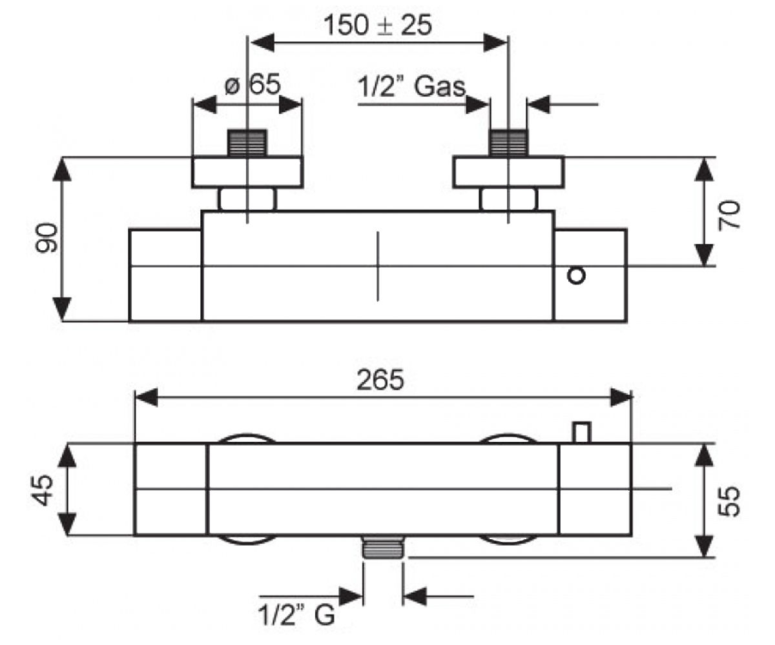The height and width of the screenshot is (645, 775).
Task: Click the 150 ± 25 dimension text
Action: [x=378, y=25]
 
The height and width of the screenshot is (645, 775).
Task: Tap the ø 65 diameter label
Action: [x=253, y=84]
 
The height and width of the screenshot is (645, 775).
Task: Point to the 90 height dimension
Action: [x=46, y=237]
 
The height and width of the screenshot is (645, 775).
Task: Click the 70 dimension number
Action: [x=729, y=215]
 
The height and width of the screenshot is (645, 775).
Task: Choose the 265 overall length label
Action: [x=380, y=380]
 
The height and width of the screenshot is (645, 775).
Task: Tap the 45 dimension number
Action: [x=43, y=490]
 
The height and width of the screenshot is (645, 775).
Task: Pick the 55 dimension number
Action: [x=729, y=501]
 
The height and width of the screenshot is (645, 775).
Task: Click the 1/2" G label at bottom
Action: [x=296, y=615]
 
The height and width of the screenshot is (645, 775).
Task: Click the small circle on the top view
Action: [x=577, y=276]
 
